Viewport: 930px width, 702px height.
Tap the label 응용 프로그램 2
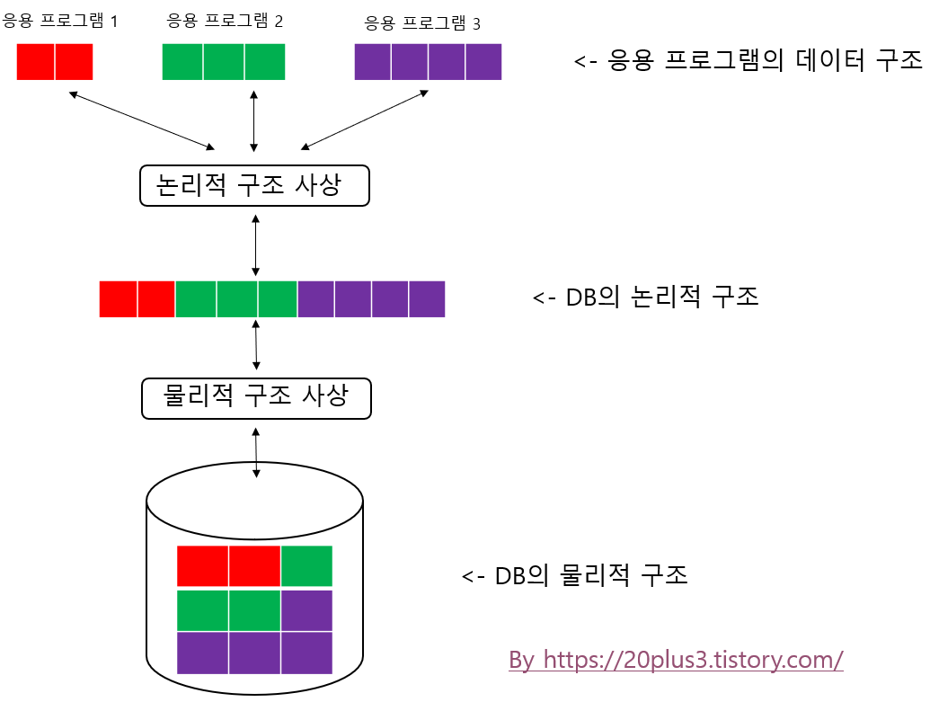tap(225, 20)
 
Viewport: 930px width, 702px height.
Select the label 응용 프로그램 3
tap(421, 22)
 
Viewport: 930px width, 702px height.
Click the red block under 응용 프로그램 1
tap(55, 61)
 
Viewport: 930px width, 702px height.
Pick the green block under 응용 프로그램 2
tap(224, 61)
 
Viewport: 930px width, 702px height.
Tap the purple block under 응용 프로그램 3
tap(428, 62)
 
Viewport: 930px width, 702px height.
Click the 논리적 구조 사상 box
tap(255, 186)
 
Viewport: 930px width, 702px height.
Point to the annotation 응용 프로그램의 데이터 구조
tap(748, 61)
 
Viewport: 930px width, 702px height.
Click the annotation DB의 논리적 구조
tap(645, 298)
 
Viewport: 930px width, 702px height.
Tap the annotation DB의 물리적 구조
tap(575, 575)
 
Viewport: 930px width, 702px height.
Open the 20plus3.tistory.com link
tap(676, 660)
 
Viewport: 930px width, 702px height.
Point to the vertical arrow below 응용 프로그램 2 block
tap(255, 120)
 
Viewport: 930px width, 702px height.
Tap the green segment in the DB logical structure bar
tap(236, 299)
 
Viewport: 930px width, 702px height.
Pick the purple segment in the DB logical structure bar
tap(371, 299)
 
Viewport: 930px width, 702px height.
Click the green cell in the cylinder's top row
tap(306, 565)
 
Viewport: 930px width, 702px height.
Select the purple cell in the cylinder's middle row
tap(306, 610)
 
